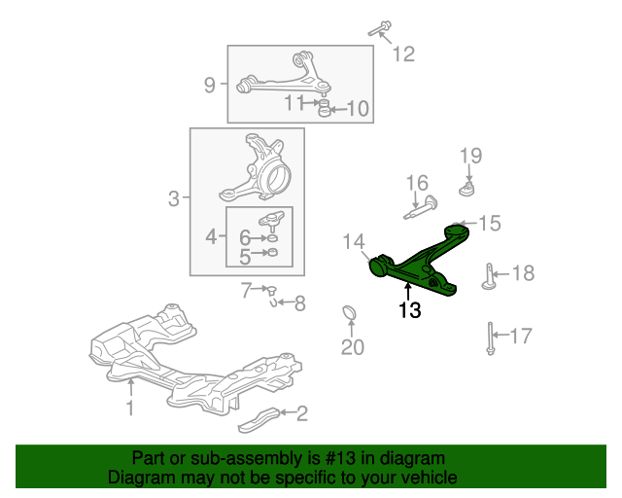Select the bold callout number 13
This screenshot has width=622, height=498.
[x=409, y=310]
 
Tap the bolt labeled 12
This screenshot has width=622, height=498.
[x=380, y=28]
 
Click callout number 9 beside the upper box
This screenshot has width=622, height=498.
[x=210, y=85]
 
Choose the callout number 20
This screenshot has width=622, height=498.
[x=352, y=347]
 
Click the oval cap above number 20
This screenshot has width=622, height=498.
[x=349, y=312]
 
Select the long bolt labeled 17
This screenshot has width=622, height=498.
[x=491, y=338]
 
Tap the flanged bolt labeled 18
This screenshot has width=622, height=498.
[x=488, y=277]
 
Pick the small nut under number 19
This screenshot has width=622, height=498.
[x=467, y=189]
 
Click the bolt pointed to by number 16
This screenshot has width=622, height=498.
[x=421, y=207]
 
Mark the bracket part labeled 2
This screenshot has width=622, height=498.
[x=259, y=420]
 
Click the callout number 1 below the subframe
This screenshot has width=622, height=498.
[x=130, y=409]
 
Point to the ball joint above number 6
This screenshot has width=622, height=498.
[x=272, y=220]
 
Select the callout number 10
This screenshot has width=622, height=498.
[x=358, y=108]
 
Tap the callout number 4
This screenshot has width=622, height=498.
[x=211, y=237]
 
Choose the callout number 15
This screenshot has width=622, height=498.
[x=490, y=223]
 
